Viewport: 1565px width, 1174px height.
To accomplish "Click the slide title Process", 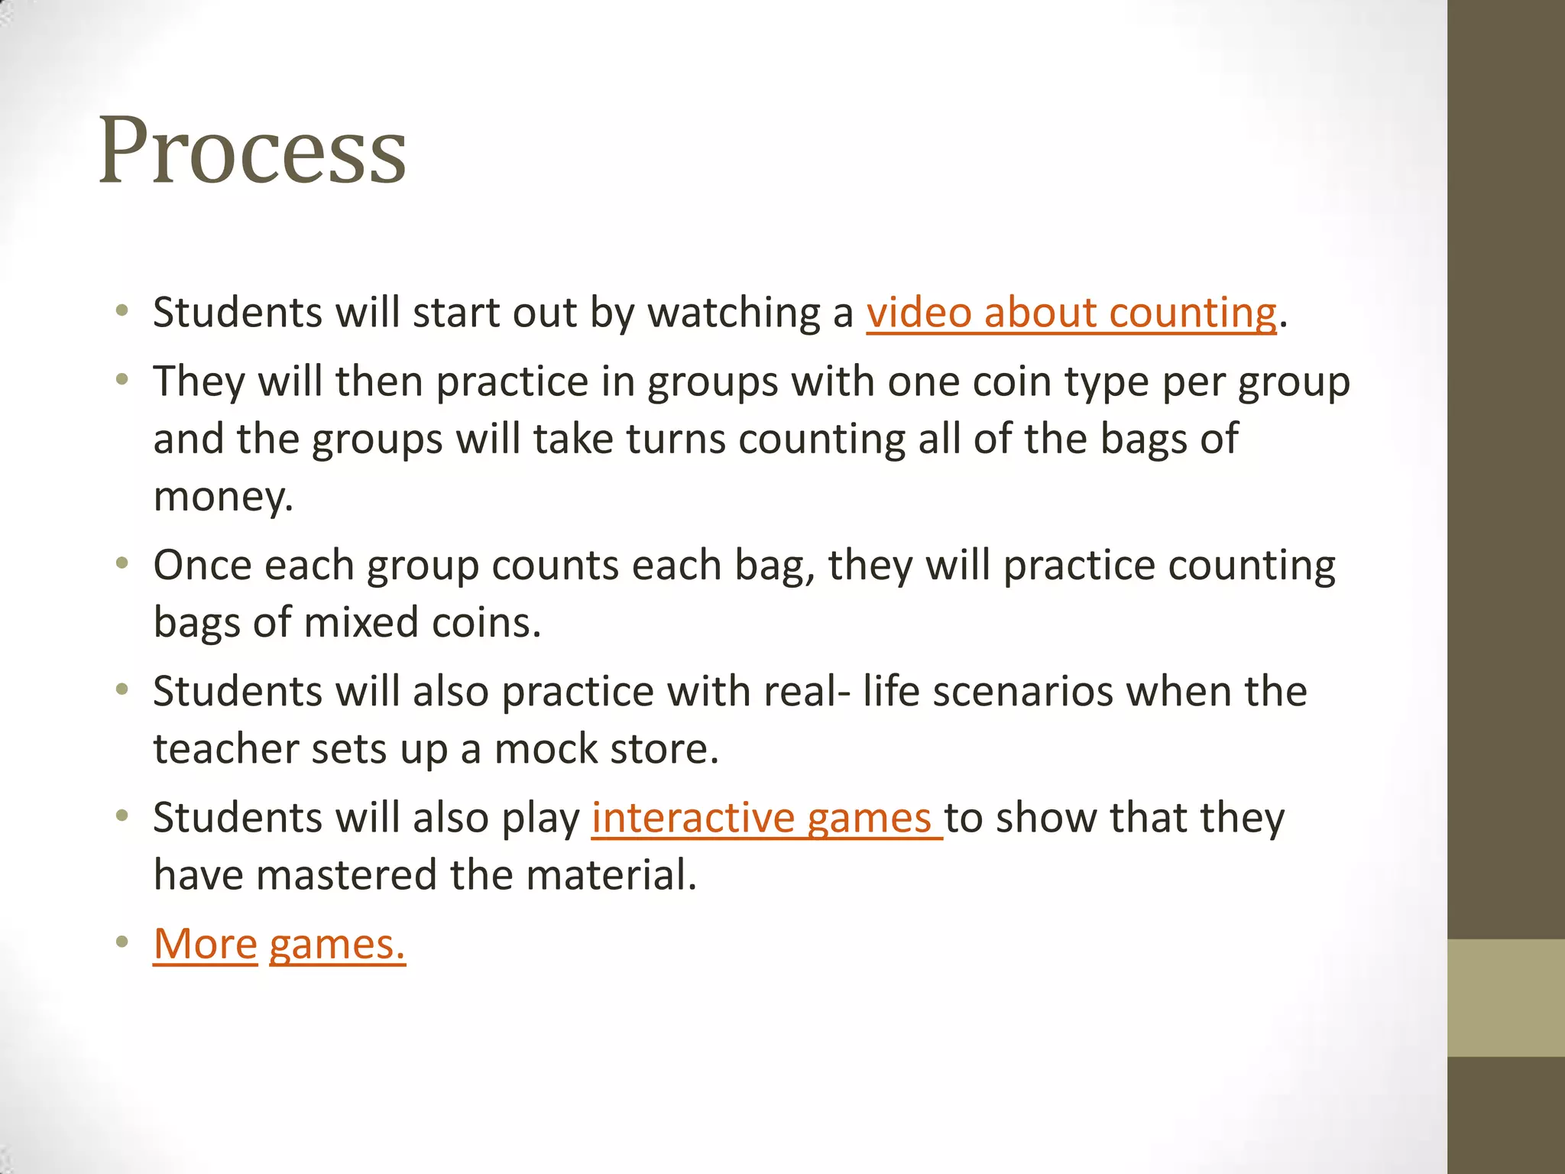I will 252,151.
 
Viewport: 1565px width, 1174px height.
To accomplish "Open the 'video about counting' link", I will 1071,313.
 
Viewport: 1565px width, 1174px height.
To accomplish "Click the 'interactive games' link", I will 766,818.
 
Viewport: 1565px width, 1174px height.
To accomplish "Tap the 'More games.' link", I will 279,944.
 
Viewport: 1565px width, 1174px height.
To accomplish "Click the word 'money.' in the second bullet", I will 223,497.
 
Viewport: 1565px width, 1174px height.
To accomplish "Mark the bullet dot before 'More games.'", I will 122,942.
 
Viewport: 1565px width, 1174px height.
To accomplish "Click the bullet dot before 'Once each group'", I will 122,564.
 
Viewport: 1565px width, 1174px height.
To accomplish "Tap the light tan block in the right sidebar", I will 1505,997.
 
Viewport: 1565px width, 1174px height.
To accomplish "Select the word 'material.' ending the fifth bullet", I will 611,875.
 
